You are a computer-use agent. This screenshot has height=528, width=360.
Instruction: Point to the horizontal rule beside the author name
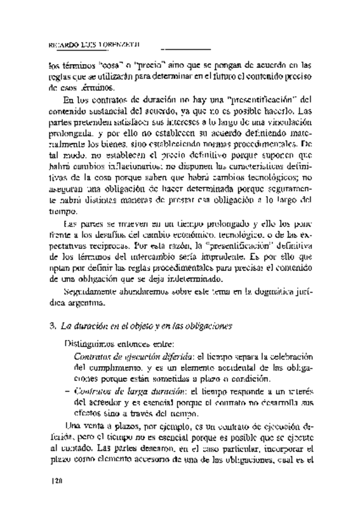coord(186,47)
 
